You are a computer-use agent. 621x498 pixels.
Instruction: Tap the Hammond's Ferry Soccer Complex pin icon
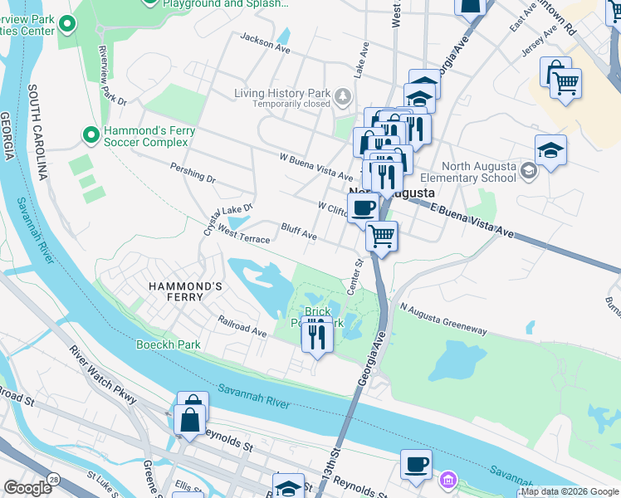tap(90, 134)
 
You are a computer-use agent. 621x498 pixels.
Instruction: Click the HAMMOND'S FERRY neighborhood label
tap(186, 286)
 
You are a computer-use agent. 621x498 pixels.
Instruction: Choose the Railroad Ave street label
tap(242, 325)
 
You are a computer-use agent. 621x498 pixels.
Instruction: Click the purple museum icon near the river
tap(449, 481)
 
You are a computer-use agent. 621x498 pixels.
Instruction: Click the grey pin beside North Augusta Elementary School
tap(528, 171)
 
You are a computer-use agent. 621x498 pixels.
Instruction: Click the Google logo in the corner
tap(27, 488)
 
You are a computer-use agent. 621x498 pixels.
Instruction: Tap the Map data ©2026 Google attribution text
tap(570, 491)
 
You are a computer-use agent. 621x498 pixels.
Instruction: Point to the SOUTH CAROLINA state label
tap(37, 132)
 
